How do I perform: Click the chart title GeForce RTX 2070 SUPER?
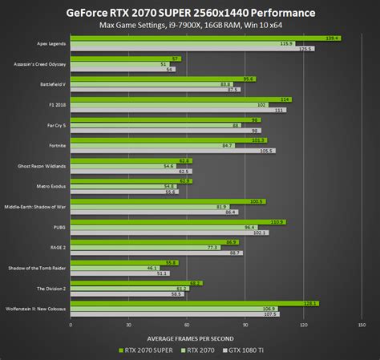point(189,14)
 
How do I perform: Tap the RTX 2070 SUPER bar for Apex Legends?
point(200,38)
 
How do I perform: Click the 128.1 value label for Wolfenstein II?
point(311,303)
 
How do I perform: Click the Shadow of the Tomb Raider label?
point(37,267)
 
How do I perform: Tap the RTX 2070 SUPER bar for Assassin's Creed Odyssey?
point(124,59)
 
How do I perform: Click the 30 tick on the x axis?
point(128,325)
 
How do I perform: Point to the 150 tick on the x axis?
point(362,325)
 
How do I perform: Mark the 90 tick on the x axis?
point(245,325)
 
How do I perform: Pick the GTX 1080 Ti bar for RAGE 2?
point(155,253)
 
